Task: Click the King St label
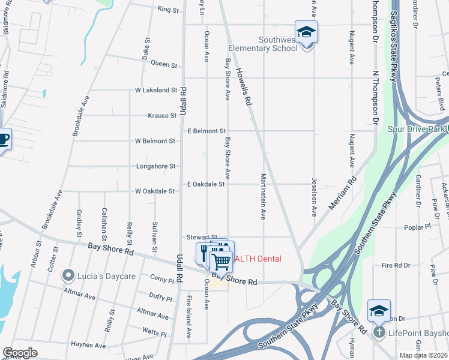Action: [x=168, y=10]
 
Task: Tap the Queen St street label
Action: [x=164, y=64]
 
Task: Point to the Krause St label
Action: [x=163, y=115]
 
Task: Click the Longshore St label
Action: [x=156, y=166]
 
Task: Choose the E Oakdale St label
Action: [x=206, y=184]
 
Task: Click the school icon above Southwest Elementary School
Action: [x=306, y=32]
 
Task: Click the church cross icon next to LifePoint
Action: [x=379, y=332]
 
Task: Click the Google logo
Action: [x=20, y=353]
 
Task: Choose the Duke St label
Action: [x=146, y=48]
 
